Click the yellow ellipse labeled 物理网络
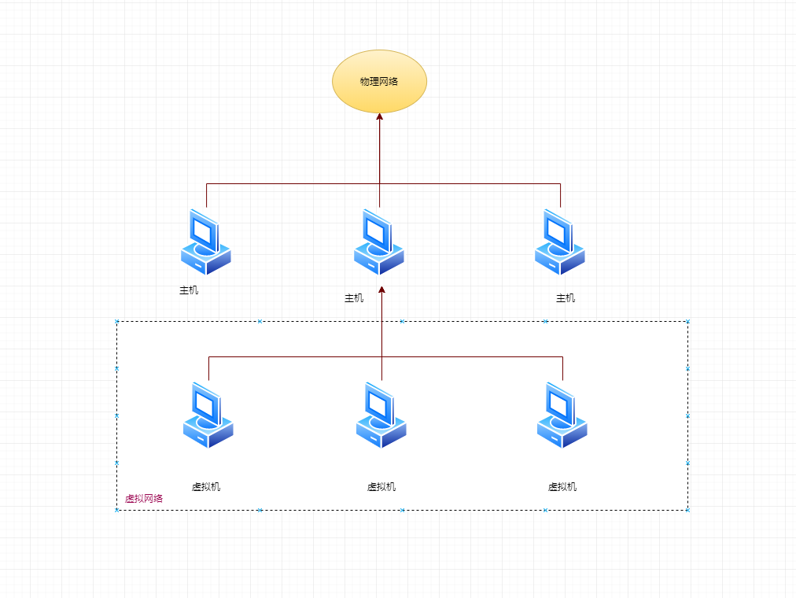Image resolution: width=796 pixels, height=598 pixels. point(379,81)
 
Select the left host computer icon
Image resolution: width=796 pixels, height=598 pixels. point(205,242)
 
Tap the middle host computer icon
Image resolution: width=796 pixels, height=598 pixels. point(378,242)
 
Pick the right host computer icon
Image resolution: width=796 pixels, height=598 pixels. point(559,242)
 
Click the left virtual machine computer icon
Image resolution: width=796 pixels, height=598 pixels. point(208,415)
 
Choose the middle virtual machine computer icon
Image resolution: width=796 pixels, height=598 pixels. point(381,415)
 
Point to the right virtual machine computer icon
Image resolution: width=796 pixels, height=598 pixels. point(562,415)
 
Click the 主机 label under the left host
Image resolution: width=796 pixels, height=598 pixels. point(189,290)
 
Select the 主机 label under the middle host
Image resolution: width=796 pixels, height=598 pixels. point(354,298)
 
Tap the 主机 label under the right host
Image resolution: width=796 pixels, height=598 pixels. point(566,298)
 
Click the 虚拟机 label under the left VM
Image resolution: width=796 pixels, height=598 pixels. point(206,487)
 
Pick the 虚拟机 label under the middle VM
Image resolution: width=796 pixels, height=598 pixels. point(381,487)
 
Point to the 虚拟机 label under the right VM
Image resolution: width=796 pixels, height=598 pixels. point(562,487)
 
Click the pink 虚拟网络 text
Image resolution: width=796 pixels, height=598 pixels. point(144,499)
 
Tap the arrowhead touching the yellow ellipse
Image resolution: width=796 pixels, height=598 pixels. point(379,117)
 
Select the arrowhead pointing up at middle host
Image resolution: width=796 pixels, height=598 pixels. point(381,290)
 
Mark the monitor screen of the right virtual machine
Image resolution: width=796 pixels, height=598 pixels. point(559,404)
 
